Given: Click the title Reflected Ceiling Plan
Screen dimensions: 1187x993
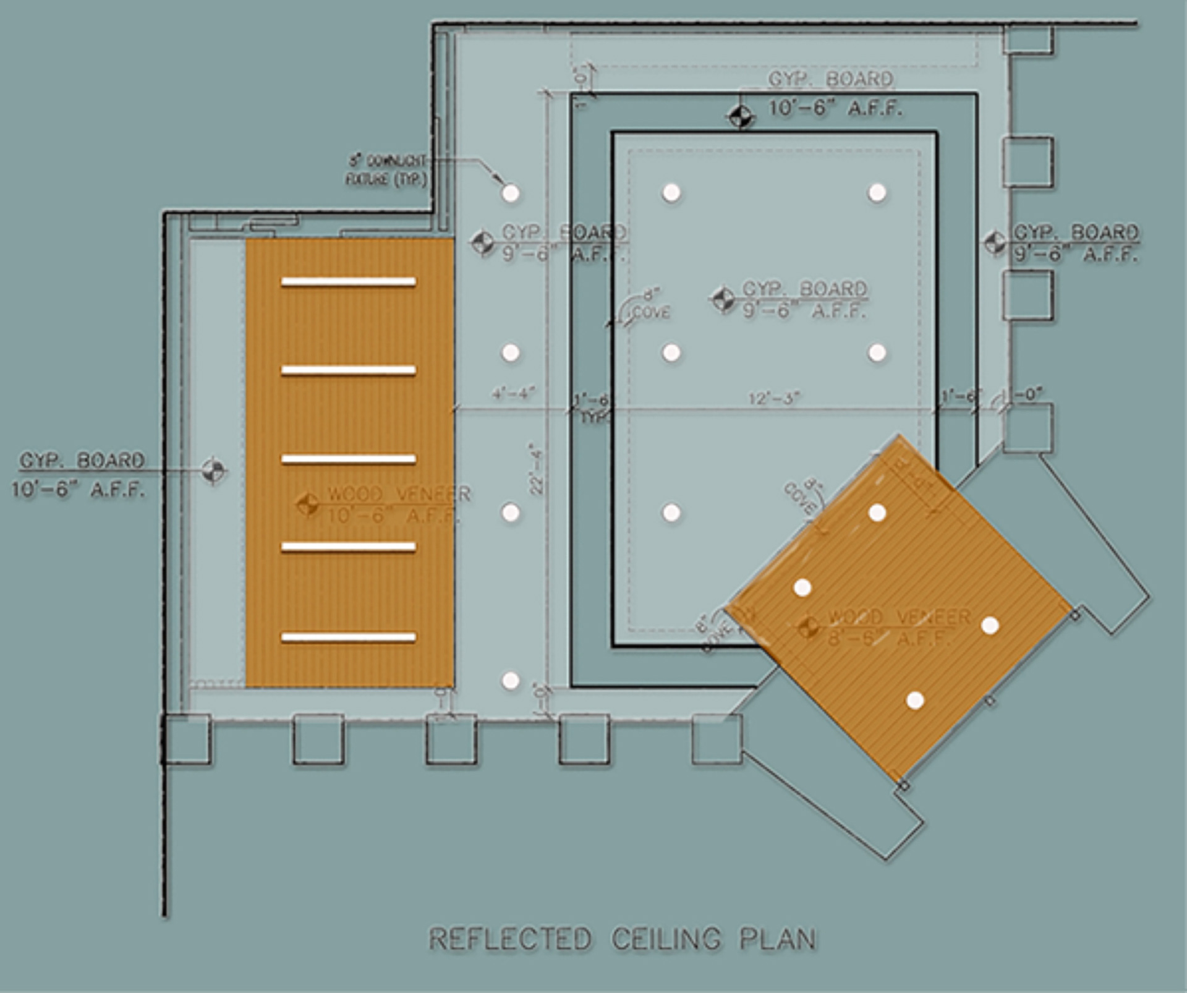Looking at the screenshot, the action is point(622,939).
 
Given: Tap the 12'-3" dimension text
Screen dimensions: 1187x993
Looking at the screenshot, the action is point(774,398).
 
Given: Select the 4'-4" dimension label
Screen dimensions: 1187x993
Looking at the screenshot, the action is point(513,394).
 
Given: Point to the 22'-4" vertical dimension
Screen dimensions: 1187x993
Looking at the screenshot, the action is point(536,468).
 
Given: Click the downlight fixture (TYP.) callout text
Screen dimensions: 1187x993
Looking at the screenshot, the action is point(386,171).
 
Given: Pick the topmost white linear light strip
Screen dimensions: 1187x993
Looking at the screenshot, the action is point(348,282).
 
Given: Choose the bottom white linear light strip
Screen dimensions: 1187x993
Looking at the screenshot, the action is point(348,637).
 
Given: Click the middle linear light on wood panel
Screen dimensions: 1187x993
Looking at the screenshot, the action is point(348,459).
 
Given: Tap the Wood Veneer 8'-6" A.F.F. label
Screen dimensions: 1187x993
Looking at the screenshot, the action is point(898,627).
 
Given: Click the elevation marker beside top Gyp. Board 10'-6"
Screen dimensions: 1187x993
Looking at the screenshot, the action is point(741,116).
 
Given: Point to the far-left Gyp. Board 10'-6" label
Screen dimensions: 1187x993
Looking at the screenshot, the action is point(80,475).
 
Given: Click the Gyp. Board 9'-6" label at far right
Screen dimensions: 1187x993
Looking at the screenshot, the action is point(1075,242).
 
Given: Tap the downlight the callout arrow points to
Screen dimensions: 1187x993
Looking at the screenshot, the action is point(511,193).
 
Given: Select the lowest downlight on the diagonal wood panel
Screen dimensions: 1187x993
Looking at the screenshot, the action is point(915,701).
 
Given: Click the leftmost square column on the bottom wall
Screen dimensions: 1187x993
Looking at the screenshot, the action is point(186,739).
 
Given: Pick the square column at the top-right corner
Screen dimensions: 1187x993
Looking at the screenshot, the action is point(1027,39).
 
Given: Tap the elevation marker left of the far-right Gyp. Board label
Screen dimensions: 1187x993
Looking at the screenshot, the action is point(995,242).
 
